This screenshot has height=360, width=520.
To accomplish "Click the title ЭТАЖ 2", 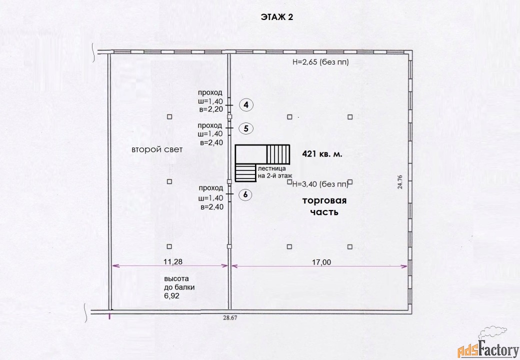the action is click(x=277, y=17).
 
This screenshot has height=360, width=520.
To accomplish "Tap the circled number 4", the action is click(x=246, y=105).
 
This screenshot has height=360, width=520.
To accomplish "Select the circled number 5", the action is click(x=246, y=128).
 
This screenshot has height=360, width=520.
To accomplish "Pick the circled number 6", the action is click(x=245, y=194).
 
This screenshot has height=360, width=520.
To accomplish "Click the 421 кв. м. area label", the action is click(x=322, y=154).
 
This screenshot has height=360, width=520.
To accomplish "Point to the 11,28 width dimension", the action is click(x=173, y=261).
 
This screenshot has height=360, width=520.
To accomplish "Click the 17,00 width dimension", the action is click(x=321, y=262).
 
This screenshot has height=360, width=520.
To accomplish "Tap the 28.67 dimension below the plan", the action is click(x=230, y=317).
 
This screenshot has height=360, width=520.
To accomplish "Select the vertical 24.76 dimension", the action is click(x=400, y=182).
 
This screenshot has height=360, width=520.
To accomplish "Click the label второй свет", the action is click(x=157, y=149).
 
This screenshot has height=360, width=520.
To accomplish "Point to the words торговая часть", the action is click(x=324, y=206).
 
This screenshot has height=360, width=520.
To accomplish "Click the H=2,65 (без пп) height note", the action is click(x=320, y=62).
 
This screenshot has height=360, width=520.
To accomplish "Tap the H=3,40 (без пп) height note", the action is click(x=320, y=184).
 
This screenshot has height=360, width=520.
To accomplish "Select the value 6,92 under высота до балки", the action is click(x=172, y=295).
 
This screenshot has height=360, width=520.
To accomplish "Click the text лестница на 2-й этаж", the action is click(x=275, y=172).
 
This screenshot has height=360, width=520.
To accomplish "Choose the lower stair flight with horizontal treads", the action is click(x=245, y=172).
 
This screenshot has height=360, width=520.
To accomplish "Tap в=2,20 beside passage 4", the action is click(x=211, y=109).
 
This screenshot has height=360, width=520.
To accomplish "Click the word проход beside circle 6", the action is click(x=211, y=188).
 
